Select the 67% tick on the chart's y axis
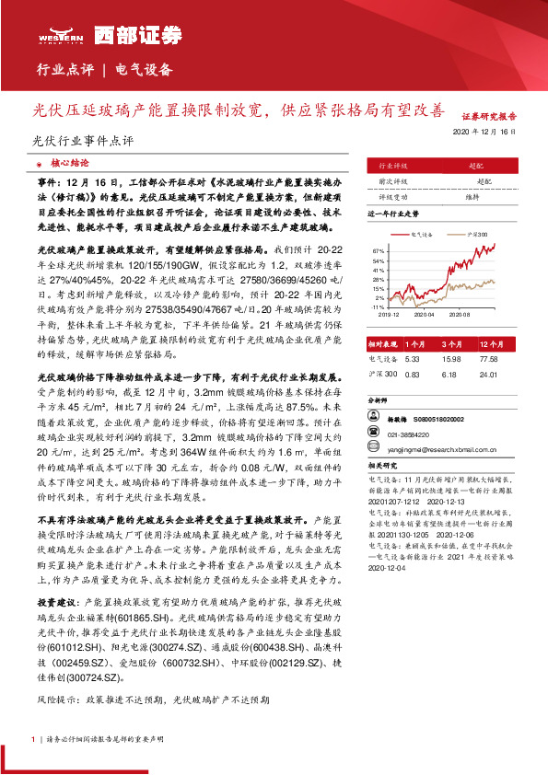click(379, 249)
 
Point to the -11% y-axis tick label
click(379, 308)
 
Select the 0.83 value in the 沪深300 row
click(412, 375)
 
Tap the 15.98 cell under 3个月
click(451, 359)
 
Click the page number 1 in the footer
click(34, 739)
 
